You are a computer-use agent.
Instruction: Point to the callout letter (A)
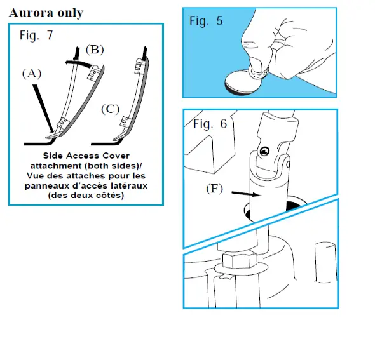pyautogui.click(x=32, y=74)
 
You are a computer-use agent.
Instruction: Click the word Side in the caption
pyautogui.click(x=54, y=156)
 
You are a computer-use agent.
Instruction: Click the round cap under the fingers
pyautogui.click(x=243, y=83)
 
